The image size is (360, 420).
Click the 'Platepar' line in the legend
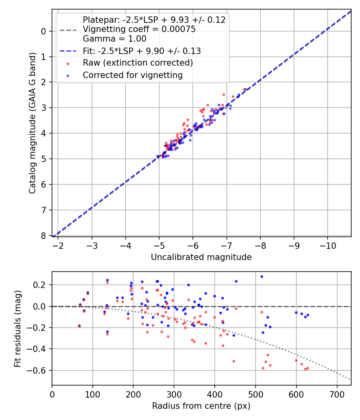[154, 20]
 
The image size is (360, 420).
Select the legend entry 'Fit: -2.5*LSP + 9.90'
[142, 51]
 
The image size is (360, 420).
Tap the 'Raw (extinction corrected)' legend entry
[138, 63]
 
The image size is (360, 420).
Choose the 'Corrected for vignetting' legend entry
[132, 75]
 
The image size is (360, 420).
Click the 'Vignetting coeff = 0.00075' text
[139, 29]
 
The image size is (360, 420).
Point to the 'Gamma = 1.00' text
[114, 39]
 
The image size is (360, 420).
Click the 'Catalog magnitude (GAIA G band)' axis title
[33, 123]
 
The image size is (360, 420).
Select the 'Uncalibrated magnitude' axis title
[201, 257]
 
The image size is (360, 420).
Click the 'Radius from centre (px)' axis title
[201, 406]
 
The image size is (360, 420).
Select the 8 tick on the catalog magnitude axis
[44, 236]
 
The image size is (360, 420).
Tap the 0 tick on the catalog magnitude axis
[44, 31]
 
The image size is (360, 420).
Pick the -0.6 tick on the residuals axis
[39, 370]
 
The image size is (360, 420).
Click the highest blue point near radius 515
[262, 276]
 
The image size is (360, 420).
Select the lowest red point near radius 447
[234, 361]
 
